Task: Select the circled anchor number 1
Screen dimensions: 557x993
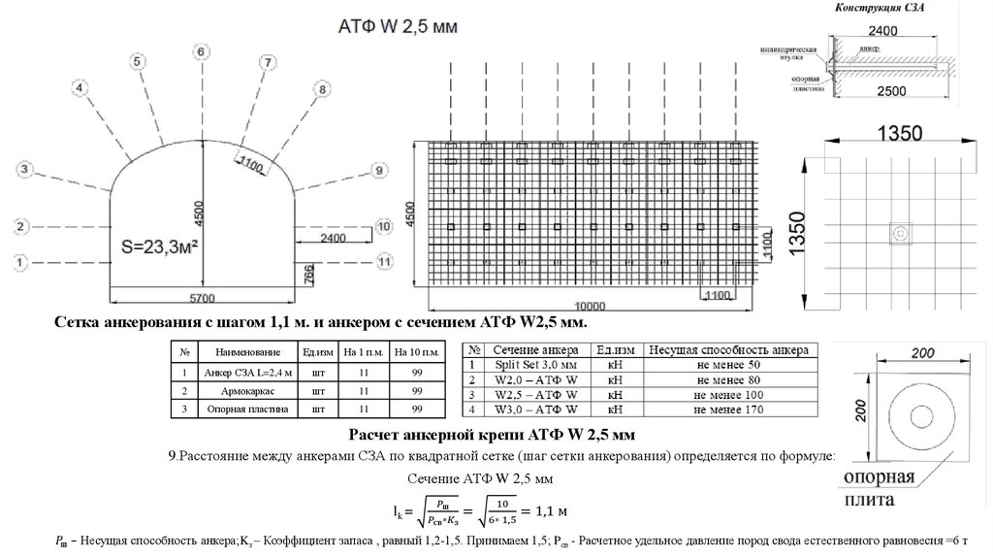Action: pyautogui.click(x=21, y=261)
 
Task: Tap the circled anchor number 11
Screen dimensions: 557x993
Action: pyautogui.click(x=384, y=261)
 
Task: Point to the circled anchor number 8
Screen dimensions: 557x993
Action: pyautogui.click(x=322, y=89)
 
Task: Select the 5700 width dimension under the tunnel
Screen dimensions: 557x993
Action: pyautogui.click(x=202, y=297)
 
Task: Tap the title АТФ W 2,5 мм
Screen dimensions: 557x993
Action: pyautogui.click(x=395, y=24)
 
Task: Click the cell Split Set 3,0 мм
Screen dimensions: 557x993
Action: pyautogui.click(x=535, y=364)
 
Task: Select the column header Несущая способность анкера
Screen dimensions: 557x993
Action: pyautogui.click(x=728, y=349)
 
